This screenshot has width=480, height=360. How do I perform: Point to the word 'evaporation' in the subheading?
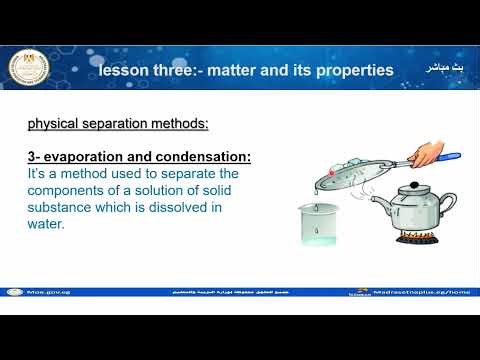pyautogui.click(x=84, y=158)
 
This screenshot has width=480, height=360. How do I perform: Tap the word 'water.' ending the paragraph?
pyautogui.click(x=45, y=225)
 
